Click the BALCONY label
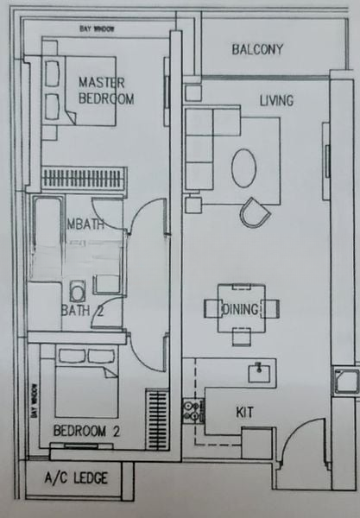point(256,49)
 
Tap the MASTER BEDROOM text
point(105,90)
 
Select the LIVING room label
point(276,101)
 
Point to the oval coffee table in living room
point(244,167)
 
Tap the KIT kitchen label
point(244,413)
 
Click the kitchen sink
point(257,372)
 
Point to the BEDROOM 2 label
point(85,430)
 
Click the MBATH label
point(82,224)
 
